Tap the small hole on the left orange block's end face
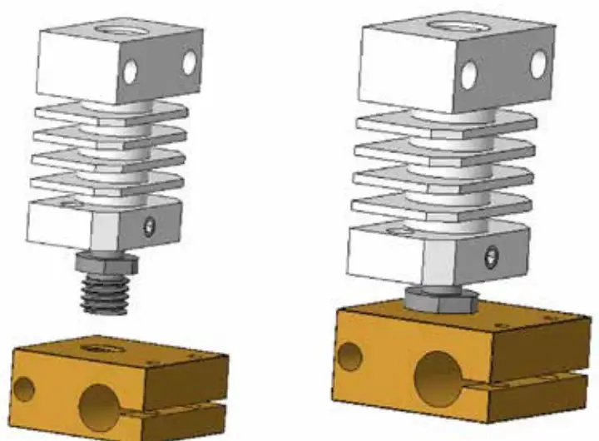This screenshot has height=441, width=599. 25,389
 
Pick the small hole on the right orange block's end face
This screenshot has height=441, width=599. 350,359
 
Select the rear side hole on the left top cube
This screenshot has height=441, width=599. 190,62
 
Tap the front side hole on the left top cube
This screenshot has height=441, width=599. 131,73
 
